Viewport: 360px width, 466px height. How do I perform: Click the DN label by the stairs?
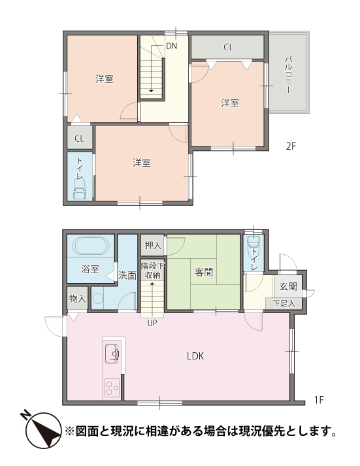[x=171, y=46]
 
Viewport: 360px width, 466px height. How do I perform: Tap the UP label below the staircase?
[x=152, y=323]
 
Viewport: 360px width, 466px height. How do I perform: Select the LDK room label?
[x=195, y=356]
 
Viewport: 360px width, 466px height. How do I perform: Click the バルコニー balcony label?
[x=288, y=75]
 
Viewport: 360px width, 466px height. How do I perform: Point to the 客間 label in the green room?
[x=204, y=272]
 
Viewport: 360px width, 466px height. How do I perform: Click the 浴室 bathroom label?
[x=90, y=269]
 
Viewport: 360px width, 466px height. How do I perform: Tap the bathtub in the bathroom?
[x=91, y=246]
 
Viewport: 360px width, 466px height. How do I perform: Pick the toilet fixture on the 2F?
[x=80, y=190]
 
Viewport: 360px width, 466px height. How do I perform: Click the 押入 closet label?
[x=153, y=246]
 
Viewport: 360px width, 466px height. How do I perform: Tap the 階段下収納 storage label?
[x=152, y=271]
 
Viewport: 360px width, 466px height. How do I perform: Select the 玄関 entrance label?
[x=288, y=286]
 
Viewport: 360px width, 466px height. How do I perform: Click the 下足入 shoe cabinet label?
[x=284, y=303]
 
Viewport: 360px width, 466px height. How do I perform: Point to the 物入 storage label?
[x=77, y=299]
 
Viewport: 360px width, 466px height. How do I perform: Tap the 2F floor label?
[x=291, y=146]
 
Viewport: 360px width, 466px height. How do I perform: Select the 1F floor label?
[x=319, y=400]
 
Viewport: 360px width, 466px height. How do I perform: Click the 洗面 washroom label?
[x=127, y=275]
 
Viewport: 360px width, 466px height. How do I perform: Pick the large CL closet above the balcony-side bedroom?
[x=227, y=47]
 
